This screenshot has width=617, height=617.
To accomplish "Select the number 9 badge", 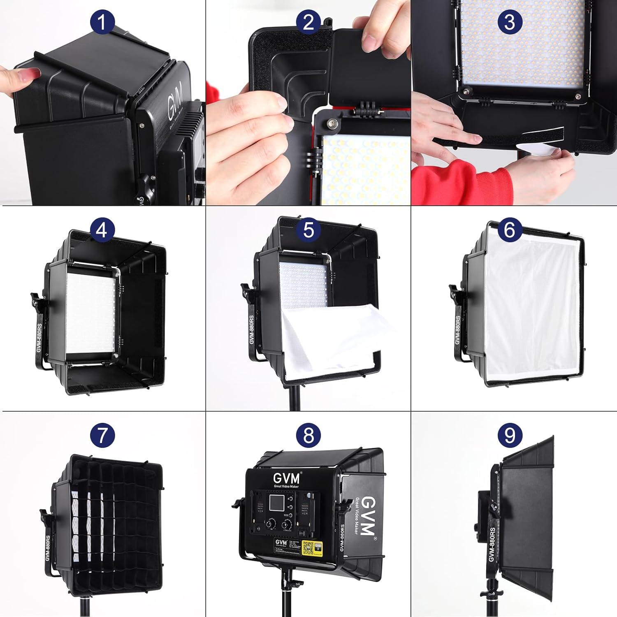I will [510, 435].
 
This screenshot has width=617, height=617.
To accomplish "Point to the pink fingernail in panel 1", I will [31, 74].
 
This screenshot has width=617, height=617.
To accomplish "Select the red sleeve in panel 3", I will [452, 181].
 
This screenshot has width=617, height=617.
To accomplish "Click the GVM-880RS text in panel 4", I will [39, 337].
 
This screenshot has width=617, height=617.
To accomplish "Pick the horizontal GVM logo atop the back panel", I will [286, 478].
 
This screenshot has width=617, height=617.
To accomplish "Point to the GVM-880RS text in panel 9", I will [492, 545].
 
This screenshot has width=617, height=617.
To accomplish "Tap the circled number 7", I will [102, 435].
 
